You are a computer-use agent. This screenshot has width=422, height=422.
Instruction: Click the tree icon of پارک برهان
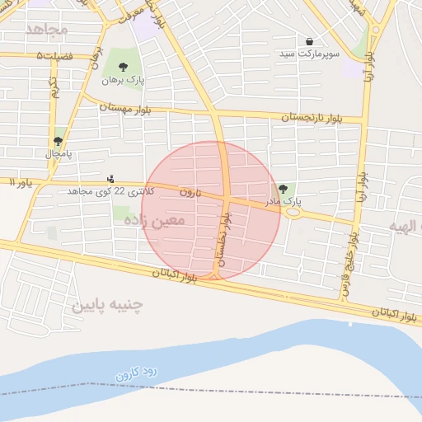123,68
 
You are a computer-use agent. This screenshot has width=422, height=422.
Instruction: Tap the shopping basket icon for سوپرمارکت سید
309,41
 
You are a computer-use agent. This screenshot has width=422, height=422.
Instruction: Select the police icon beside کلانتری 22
110,179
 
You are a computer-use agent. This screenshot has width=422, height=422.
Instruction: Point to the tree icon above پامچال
58,141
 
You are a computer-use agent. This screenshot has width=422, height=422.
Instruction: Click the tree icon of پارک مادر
284,189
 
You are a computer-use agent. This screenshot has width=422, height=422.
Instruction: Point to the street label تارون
190,191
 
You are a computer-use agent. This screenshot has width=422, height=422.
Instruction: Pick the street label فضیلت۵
54,55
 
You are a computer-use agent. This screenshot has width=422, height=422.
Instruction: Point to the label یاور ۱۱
16,181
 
